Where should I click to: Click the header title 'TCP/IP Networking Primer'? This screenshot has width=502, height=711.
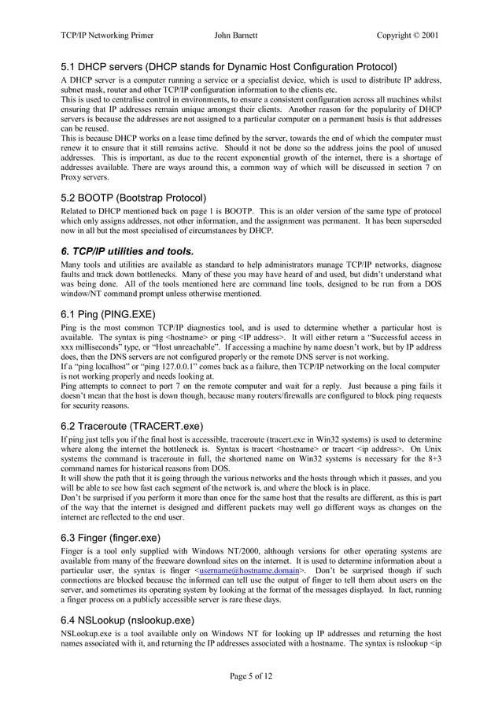pos(107,35)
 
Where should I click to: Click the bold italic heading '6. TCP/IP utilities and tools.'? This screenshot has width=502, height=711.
pos(127,251)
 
